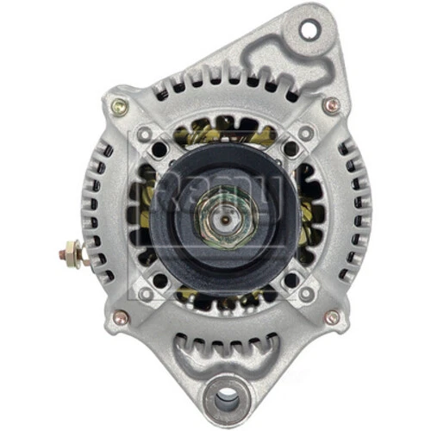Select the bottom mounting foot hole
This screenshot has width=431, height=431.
coord(227,398)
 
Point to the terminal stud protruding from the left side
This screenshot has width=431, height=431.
coord(71,255)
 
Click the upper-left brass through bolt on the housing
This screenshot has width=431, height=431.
coord(119,107)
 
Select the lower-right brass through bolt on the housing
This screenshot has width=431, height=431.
coord(332,316)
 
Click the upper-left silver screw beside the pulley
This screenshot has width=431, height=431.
coord(144,133)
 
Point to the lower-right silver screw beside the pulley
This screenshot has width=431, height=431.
coord(306,294)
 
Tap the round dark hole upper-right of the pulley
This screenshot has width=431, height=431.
coord(290,148)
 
